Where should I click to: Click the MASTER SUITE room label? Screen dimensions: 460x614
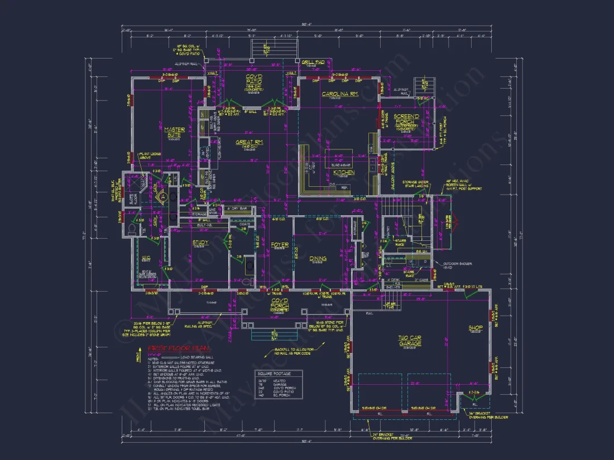175,132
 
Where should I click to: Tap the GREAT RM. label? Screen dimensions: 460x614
249,143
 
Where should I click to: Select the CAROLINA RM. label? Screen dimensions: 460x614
339,94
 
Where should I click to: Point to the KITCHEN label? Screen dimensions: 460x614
344,173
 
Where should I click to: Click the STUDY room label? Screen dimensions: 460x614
200,243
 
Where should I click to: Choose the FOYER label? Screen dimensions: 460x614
280,245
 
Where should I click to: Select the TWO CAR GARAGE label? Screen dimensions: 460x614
410,340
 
